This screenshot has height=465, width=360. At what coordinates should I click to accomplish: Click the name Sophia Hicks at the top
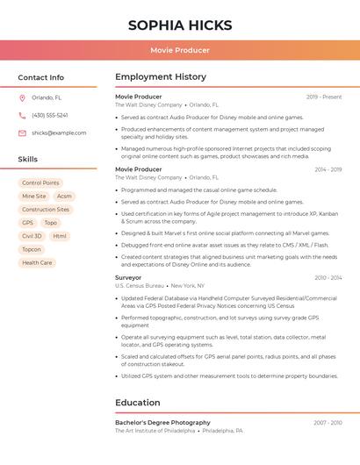click(180, 25)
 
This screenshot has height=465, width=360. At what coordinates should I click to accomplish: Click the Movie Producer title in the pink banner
click(180, 50)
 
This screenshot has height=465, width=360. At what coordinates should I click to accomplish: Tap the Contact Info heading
click(41, 77)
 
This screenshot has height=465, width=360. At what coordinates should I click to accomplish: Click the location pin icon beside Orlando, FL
click(22, 98)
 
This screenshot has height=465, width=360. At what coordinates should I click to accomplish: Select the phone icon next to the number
click(22, 116)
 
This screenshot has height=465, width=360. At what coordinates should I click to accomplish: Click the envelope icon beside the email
click(22, 133)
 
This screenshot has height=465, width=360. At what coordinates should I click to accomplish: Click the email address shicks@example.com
click(59, 133)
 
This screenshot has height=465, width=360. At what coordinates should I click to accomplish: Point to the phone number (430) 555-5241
click(50, 116)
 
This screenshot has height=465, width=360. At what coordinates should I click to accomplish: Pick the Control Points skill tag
click(40, 183)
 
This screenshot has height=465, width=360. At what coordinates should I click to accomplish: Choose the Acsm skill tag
click(64, 197)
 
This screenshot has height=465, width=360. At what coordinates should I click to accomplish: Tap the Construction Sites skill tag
click(46, 210)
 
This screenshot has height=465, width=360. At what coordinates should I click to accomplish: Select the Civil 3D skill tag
click(32, 236)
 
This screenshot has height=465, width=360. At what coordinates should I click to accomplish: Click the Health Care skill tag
click(37, 262)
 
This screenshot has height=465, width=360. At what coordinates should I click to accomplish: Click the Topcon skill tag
click(32, 249)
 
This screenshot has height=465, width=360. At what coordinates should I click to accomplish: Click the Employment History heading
click(161, 77)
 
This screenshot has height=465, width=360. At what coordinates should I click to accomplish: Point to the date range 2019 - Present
click(324, 97)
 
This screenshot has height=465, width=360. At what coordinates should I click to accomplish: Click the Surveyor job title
click(128, 277)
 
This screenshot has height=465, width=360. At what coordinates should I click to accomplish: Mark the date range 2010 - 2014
click(328, 277)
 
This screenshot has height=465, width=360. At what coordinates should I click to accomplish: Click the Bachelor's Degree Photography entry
click(162, 422)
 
